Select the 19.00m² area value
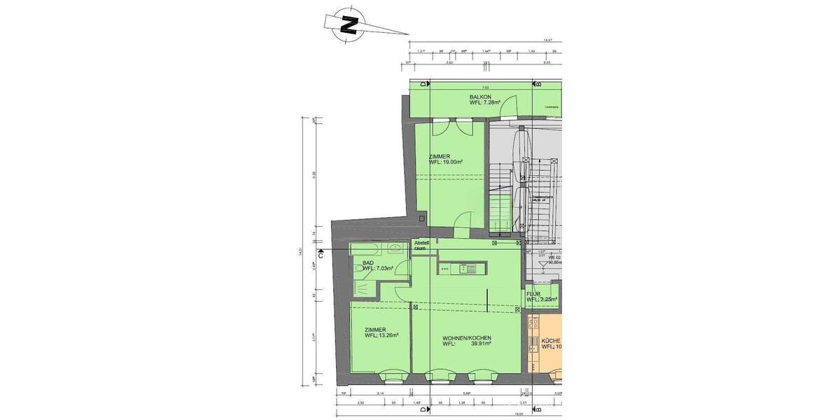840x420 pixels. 452,162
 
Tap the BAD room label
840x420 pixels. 367,262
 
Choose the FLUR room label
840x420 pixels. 534,294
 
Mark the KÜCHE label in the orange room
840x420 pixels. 551,340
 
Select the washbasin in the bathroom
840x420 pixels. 394,247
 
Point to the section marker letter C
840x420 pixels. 320,255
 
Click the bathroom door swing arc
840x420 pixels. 400,294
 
